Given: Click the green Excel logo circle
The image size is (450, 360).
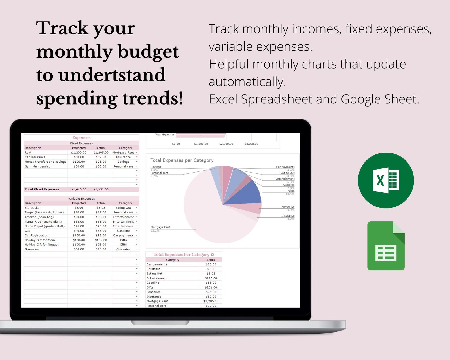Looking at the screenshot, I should click(386, 180).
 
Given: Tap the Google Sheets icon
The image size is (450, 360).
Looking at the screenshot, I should click(386, 246).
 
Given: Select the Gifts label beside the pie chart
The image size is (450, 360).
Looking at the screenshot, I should click(291, 191).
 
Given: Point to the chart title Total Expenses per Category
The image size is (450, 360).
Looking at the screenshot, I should click(182, 160).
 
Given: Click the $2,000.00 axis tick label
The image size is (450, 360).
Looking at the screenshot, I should click(226, 144).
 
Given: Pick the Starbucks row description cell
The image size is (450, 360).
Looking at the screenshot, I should click(32, 208).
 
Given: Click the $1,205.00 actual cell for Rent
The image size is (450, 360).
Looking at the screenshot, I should click(101, 153).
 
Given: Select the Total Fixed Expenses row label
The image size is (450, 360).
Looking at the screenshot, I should click(42, 189).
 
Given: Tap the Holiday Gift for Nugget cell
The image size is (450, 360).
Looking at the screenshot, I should click(42, 245).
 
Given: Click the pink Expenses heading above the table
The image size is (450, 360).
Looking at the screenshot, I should click(81, 138).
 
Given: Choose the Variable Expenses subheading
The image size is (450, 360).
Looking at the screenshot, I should click(81, 199).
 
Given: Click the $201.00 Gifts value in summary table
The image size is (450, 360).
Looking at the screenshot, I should click(211, 287).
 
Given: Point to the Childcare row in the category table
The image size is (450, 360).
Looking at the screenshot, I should click(153, 269).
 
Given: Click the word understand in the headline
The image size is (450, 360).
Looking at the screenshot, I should click(112, 75).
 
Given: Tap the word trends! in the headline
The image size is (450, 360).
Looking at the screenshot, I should click(153, 98).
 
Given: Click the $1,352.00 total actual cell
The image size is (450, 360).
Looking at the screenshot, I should click(101, 189).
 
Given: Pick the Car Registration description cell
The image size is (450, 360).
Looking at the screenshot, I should click(37, 236).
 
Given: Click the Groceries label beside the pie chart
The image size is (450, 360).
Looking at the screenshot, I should click(288, 207).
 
